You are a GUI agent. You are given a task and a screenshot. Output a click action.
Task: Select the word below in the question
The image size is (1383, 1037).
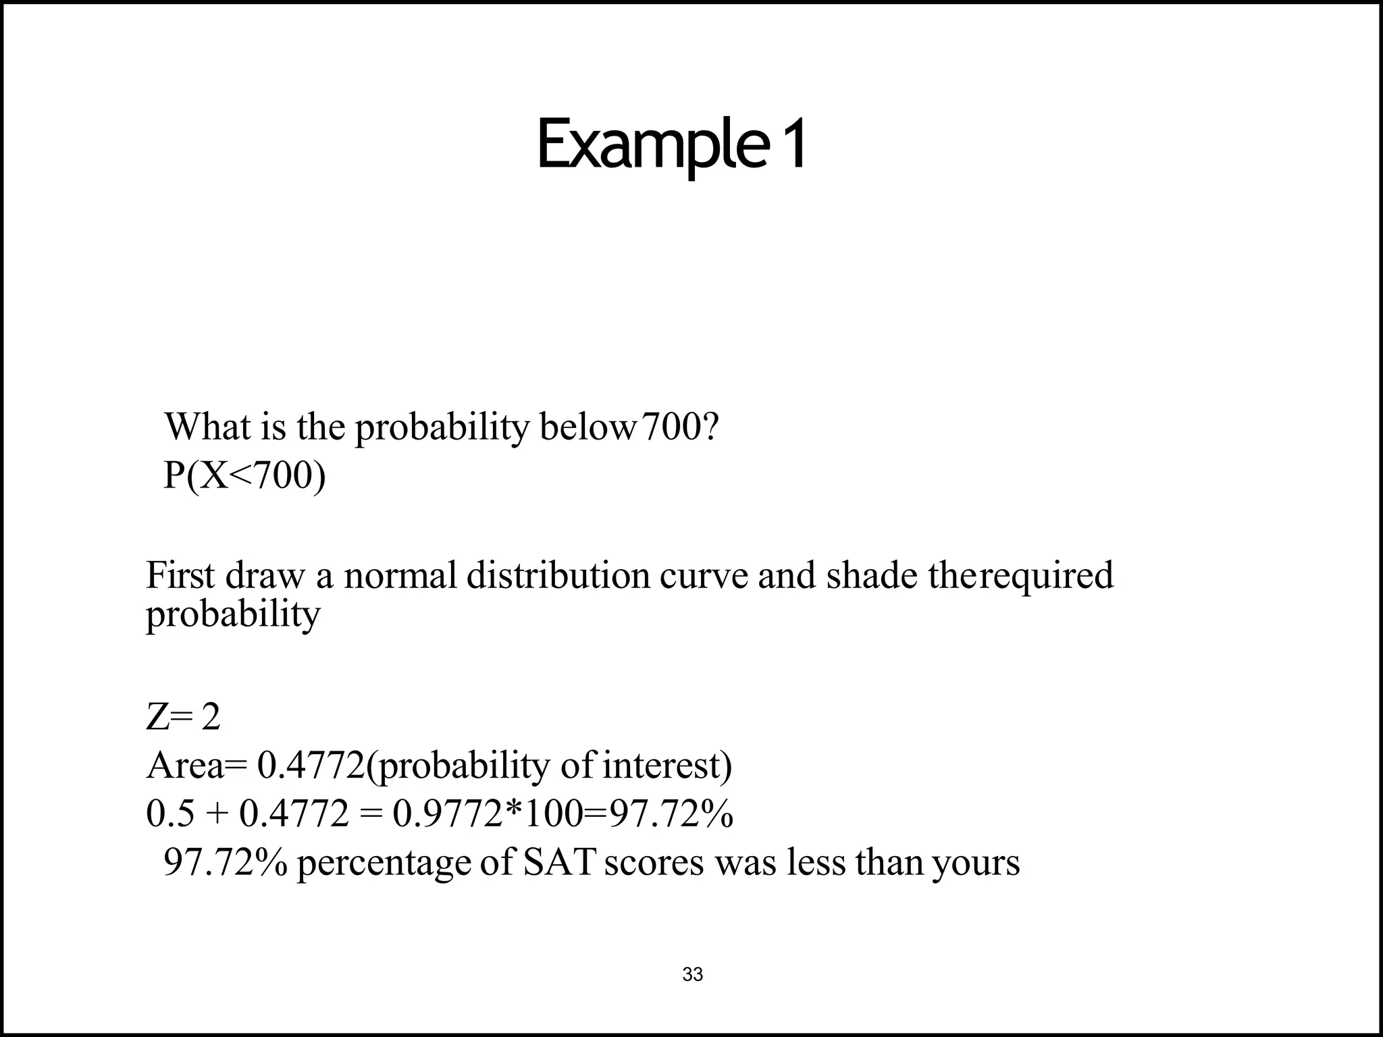point(586,427)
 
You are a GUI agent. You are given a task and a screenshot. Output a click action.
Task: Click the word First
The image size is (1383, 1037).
point(180,575)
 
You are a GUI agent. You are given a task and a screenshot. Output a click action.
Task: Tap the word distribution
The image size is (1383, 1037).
point(558,575)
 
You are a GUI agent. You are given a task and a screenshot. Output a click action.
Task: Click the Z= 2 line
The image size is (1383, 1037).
point(183,717)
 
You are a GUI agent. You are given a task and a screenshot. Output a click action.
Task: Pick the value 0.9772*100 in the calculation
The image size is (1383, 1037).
point(486,814)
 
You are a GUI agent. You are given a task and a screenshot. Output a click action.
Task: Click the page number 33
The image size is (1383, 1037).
point(693,975)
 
